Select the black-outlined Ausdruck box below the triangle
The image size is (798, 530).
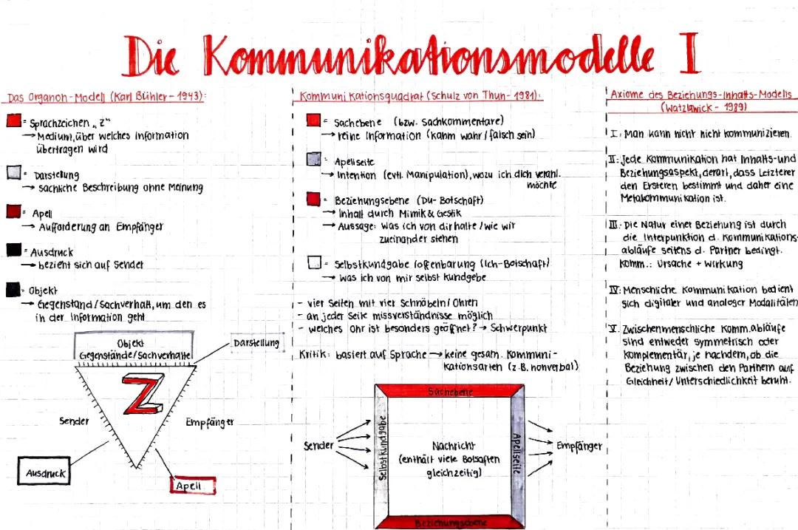point(46,472)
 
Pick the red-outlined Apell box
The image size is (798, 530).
point(194,486)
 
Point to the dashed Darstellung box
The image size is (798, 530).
point(256,343)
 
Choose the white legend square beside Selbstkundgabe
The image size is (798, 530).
point(314,263)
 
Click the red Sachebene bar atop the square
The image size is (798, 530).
point(450,392)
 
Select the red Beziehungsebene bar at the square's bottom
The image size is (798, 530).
point(449,523)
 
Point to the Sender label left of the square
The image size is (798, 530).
point(318,446)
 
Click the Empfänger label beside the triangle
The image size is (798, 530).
point(210,422)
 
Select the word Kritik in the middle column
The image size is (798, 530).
point(313,355)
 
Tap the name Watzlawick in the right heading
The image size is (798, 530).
point(685,107)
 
